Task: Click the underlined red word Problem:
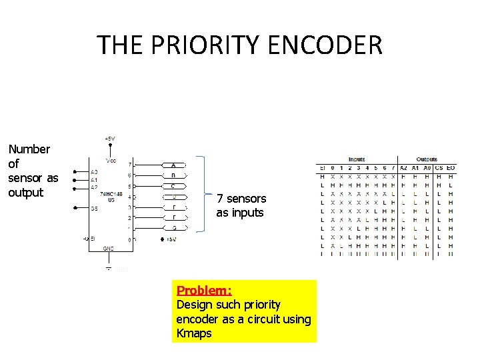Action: [x=204, y=291]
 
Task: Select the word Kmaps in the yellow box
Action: [x=194, y=333]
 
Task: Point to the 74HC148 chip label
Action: [x=111, y=193]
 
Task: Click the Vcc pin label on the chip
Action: [x=111, y=160]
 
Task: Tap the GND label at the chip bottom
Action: [x=109, y=248]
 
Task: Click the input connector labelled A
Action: [x=174, y=165]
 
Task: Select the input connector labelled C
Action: [x=174, y=186]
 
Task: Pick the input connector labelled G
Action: [x=174, y=228]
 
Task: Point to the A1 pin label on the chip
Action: [x=94, y=180]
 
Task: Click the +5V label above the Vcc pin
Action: [x=110, y=139]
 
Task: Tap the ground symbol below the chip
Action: [x=109, y=268]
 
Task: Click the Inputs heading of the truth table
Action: [x=357, y=159]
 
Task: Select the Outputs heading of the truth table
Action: [x=427, y=159]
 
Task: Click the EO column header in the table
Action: [x=451, y=167]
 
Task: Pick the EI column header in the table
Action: [x=322, y=167]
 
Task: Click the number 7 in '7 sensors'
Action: [x=219, y=199]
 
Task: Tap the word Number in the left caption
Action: [x=29, y=149]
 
